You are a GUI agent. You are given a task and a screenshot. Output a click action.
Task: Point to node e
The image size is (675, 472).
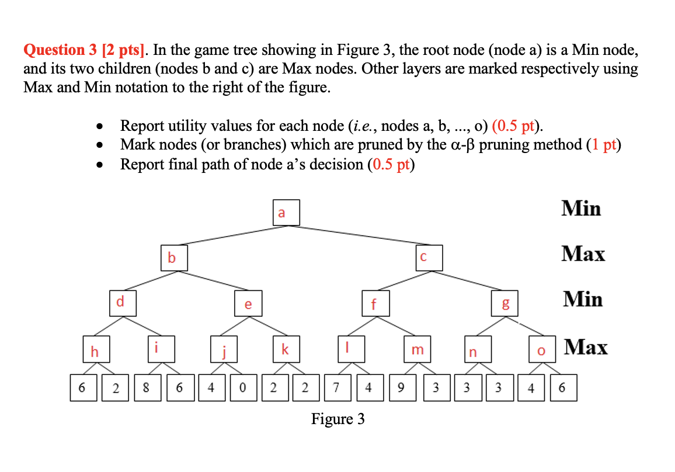point(248,304)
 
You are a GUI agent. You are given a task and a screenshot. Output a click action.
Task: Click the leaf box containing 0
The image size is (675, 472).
point(241,388)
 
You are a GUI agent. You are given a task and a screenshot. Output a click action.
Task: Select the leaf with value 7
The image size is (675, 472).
point(336,388)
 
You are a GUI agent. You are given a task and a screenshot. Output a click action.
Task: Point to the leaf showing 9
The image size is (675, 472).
point(401,388)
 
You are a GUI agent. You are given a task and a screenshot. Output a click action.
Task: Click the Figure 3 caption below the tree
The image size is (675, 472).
point(337,419)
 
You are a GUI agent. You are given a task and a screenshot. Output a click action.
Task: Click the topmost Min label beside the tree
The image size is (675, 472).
point(580,209)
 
